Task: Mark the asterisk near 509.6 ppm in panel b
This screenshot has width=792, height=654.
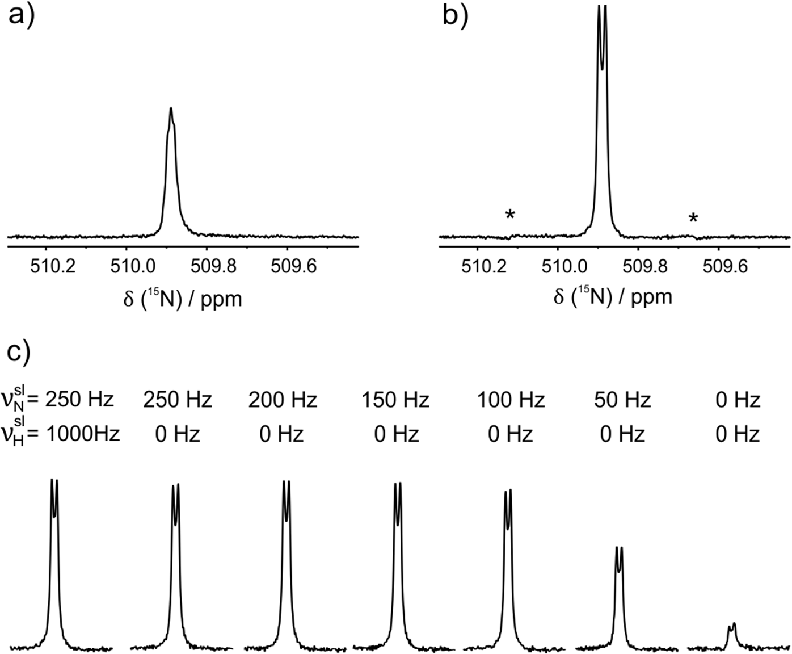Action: (x=693, y=219)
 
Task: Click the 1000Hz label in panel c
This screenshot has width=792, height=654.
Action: (x=83, y=434)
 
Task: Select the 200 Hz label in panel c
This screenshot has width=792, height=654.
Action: (x=282, y=400)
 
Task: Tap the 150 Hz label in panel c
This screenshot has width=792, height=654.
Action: (x=395, y=400)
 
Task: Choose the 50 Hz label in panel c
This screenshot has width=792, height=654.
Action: (x=622, y=400)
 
